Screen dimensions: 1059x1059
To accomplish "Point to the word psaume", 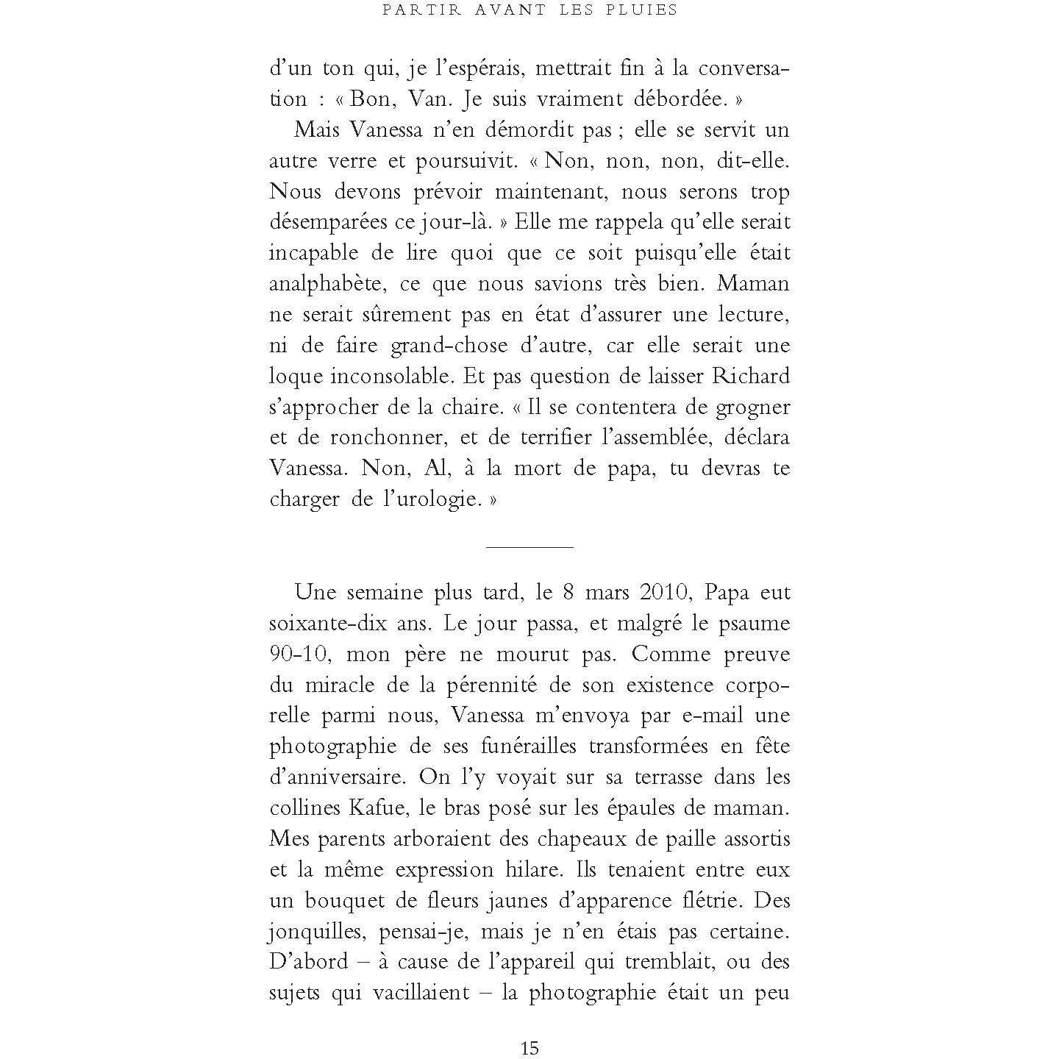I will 754,624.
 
